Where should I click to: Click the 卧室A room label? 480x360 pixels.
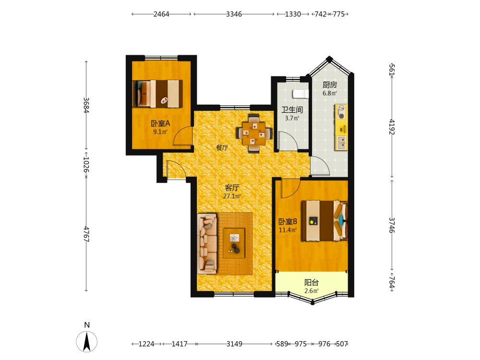click(160, 123)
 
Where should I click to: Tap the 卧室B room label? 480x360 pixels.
click(288, 221)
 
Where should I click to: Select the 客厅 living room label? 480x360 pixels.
click(232, 188)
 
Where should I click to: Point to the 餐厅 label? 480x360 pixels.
click(222, 147)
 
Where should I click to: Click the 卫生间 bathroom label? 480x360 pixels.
click(292, 109)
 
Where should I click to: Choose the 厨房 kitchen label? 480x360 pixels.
click(330, 84)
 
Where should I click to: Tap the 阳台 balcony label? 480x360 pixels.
click(312, 282)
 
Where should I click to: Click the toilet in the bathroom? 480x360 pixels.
click(300, 94)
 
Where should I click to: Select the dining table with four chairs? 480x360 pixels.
click(254, 133)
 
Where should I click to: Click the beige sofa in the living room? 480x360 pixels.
click(207, 244)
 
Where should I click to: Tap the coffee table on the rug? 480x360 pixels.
click(234, 243)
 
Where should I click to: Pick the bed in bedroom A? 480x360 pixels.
click(157, 94)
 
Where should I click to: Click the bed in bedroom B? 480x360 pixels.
click(324, 221)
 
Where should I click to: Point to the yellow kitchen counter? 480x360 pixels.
click(341, 127)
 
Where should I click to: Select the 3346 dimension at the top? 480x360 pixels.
click(234, 14)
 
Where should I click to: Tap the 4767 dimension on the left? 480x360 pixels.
click(86, 234)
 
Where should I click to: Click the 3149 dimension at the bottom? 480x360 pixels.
click(234, 344)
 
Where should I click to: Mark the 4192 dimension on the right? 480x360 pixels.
click(392, 127)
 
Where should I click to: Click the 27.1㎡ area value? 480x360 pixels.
click(232, 196)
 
